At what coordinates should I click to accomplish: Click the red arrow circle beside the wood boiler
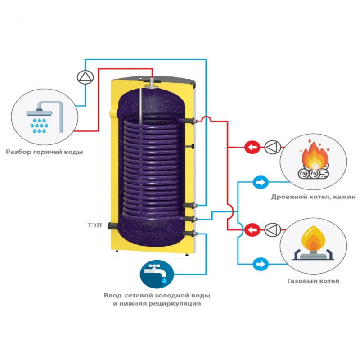pyautogui.click(x=253, y=147)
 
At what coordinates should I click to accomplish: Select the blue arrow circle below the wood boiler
pyautogui.click(x=260, y=182)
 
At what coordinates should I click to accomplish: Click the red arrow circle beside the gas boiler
pyautogui.click(x=253, y=229)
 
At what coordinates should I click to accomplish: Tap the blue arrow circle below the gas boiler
pyautogui.click(x=260, y=263)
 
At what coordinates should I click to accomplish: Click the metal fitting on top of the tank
pyautogui.click(x=153, y=83)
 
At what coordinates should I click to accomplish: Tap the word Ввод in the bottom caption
pyautogui.click(x=113, y=296)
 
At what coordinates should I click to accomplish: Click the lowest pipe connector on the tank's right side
pyautogui.click(x=193, y=234)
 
